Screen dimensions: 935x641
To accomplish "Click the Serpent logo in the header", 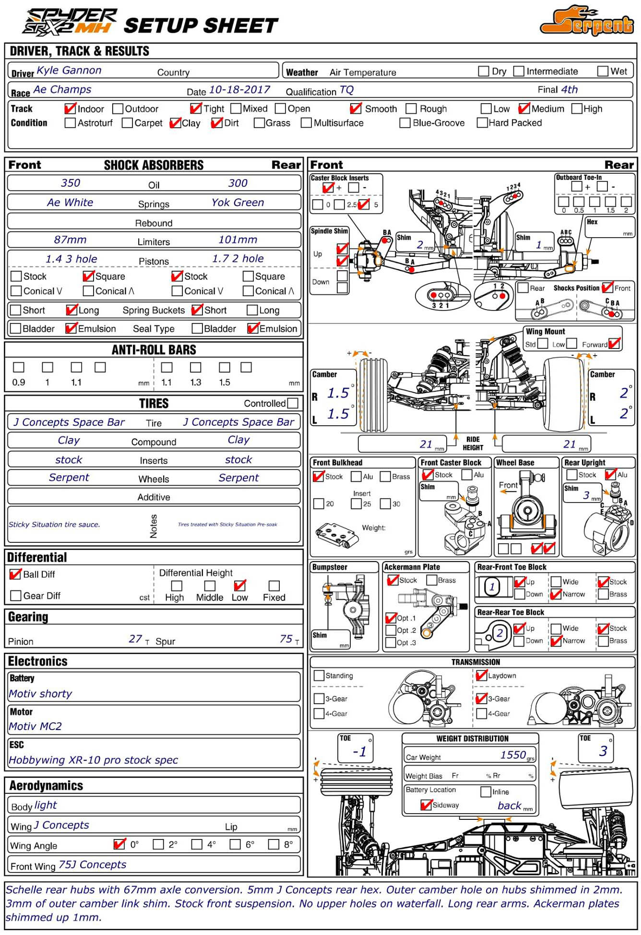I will point(588,22).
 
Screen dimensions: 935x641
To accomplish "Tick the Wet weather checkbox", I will point(603,72).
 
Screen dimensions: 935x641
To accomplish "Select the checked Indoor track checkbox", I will point(70,109).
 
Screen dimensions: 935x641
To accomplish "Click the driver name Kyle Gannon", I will point(69,71).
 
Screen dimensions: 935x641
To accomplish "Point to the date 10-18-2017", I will point(239,90).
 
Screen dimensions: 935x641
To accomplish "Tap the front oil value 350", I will point(71,183).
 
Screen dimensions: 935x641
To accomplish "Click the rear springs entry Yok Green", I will point(237,203).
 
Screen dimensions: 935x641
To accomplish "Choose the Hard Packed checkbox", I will point(482,123).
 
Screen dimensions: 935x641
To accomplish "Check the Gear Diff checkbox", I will point(16,596).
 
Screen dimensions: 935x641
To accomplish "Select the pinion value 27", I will point(135,639).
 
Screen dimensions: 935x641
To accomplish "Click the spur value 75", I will point(286,639).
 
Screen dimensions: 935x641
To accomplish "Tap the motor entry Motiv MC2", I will point(36,726).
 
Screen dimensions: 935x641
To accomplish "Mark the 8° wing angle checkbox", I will point(273,844).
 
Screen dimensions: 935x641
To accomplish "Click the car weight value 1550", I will point(513,755).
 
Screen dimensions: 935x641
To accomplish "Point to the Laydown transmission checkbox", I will point(481,675).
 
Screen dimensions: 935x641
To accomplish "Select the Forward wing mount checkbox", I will point(614,344).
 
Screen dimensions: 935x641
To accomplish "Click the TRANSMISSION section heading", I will point(475,662).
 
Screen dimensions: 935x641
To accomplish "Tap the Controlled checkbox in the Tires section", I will point(293,403).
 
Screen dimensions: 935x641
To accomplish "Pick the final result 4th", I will point(570,90).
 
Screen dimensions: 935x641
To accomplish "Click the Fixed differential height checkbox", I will point(274,586).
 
